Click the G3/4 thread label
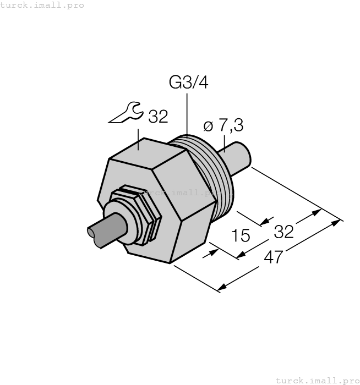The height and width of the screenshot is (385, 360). point(188,83)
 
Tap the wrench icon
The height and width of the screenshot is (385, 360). point(124,113)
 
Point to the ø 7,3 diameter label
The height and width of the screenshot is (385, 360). point(223,125)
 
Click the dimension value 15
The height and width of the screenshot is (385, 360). point(241,236)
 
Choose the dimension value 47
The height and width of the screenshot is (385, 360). point(272,257)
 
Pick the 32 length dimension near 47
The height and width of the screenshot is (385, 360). point(283,232)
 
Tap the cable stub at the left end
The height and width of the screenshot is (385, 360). point(105,230)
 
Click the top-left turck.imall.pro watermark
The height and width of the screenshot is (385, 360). point(42,5)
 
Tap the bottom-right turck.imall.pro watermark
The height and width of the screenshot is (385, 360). point(317,380)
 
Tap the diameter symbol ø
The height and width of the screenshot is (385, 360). point(208,126)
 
